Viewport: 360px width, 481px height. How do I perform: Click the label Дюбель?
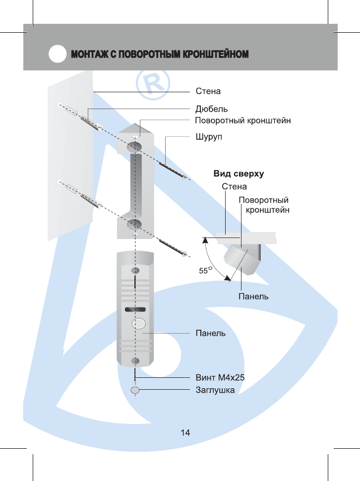click(x=212, y=109)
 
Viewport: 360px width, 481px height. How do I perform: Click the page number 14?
click(x=185, y=432)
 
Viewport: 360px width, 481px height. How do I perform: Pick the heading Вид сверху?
click(x=239, y=174)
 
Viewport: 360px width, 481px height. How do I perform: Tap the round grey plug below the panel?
click(x=135, y=390)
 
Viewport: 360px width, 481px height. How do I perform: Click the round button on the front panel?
click(x=138, y=324)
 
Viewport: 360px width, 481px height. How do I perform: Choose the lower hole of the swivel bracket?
click(x=132, y=224)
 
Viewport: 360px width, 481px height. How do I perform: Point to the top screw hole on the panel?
click(x=134, y=271)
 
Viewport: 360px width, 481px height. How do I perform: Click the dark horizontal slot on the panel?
click(x=135, y=310)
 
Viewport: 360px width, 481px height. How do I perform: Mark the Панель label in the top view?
click(x=253, y=297)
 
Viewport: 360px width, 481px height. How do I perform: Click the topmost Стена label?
click(x=208, y=92)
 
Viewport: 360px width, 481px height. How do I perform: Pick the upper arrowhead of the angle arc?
click(x=204, y=240)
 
